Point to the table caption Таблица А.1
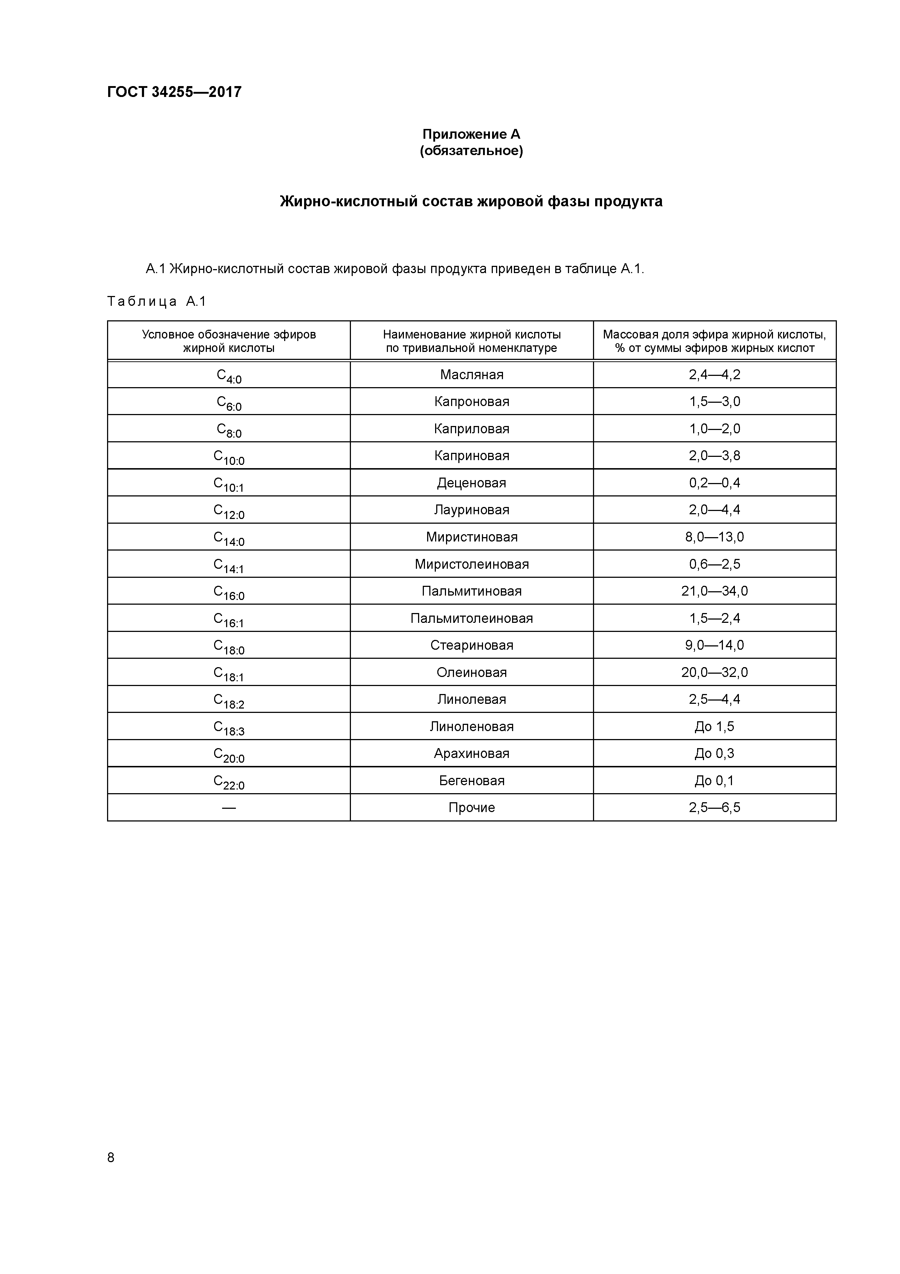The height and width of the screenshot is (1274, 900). pyautogui.click(x=156, y=301)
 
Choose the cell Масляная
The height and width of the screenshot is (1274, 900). pyautogui.click(x=471, y=374)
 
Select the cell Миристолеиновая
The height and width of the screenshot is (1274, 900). pyautogui.click(x=471, y=564)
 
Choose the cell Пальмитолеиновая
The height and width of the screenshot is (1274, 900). pyautogui.click(x=471, y=618)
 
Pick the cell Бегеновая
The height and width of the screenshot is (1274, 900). pyautogui.click(x=471, y=781)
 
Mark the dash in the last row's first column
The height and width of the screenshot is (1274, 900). pyautogui.click(x=229, y=808)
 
